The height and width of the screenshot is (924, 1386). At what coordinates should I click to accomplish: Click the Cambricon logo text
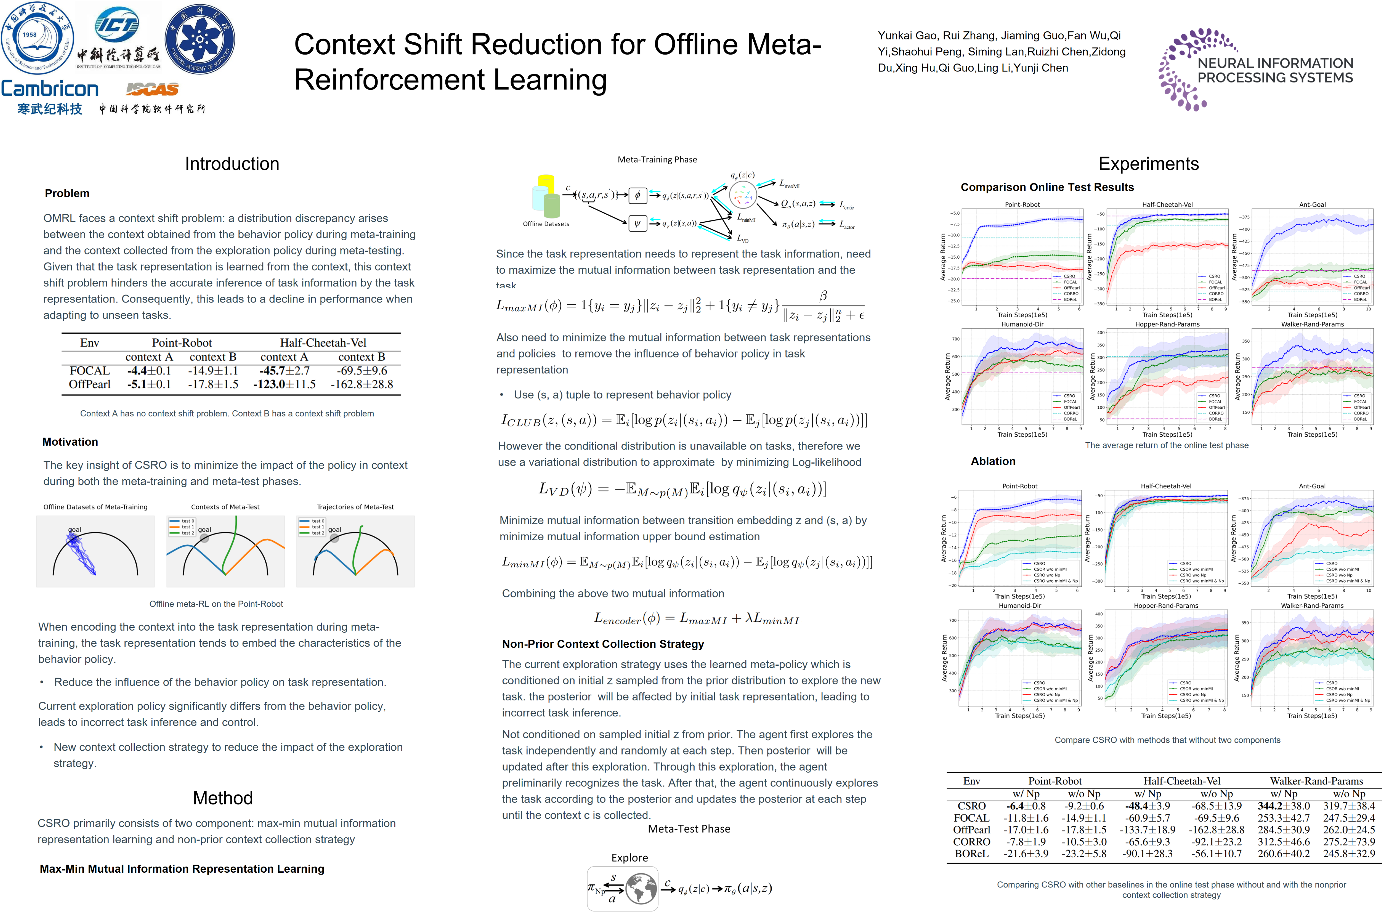tap(49, 89)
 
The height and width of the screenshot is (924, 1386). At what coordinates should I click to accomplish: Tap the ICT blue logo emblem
tap(117, 25)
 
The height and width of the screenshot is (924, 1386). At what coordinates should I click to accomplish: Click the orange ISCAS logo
tap(152, 89)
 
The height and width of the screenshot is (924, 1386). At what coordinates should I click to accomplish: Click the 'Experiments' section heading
tap(1148, 164)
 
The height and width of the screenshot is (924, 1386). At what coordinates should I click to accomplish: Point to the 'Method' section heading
tap(223, 798)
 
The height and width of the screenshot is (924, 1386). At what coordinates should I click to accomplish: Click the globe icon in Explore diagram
tap(641, 889)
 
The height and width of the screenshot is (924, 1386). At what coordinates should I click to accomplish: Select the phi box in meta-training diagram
tap(637, 195)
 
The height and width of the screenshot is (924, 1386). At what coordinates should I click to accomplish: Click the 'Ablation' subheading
tap(993, 461)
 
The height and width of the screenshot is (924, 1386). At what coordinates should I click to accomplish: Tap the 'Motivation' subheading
tap(70, 442)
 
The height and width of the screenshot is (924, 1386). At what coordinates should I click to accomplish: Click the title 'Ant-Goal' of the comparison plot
tap(1312, 204)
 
